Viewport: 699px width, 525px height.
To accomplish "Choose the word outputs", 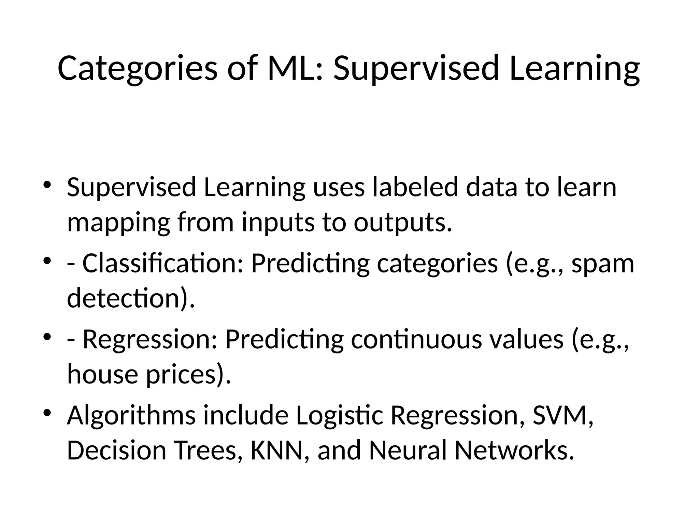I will (403, 223).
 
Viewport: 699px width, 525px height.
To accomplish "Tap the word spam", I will (602, 264).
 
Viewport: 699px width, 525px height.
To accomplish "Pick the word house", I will (102, 374).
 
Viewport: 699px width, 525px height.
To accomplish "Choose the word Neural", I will (408, 450).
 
